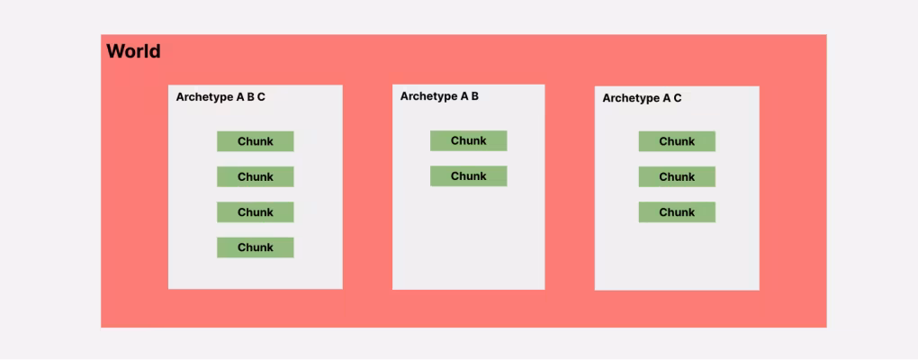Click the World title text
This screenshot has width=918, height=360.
click(x=133, y=51)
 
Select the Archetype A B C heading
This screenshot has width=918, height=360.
click(x=220, y=97)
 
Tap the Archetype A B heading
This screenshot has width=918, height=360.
click(x=439, y=96)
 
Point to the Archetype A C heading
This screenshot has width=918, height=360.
click(x=642, y=98)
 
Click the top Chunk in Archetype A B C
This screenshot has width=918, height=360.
click(x=256, y=141)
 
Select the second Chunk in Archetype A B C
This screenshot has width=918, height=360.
click(x=256, y=176)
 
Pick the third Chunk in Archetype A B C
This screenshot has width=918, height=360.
click(x=256, y=211)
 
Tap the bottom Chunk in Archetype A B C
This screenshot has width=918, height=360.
click(x=256, y=247)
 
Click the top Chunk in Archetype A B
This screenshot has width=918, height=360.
click(x=468, y=140)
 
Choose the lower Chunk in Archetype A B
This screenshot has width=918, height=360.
click(x=468, y=176)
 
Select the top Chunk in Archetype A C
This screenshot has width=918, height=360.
click(x=677, y=141)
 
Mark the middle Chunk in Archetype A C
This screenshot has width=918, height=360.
click(x=677, y=176)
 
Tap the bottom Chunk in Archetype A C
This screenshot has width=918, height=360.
click(x=677, y=211)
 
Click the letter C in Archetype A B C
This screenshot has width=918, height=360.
click(x=261, y=96)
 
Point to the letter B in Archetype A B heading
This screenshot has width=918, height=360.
click(x=475, y=95)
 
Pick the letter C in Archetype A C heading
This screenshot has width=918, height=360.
click(x=678, y=98)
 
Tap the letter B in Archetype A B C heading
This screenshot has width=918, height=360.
click(x=250, y=96)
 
